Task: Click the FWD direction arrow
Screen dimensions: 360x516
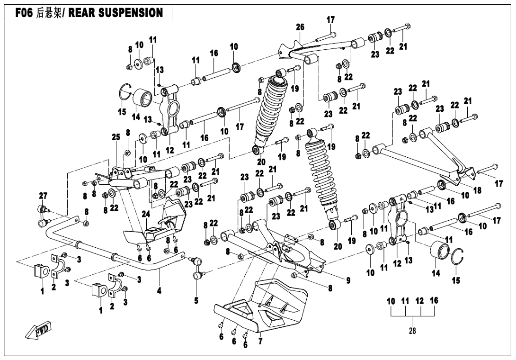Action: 39,330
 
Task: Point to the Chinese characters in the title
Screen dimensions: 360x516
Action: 49,13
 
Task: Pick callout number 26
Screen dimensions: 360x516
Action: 300,27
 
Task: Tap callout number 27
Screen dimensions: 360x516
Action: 43,196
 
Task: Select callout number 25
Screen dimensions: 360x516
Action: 116,137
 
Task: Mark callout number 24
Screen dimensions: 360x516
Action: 146,214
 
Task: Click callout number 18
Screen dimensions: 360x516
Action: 477,190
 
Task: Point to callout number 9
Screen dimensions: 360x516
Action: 348,280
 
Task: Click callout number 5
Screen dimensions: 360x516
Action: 196,300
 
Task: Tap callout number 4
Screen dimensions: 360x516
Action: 160,291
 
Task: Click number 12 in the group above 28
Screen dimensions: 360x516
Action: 419,301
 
